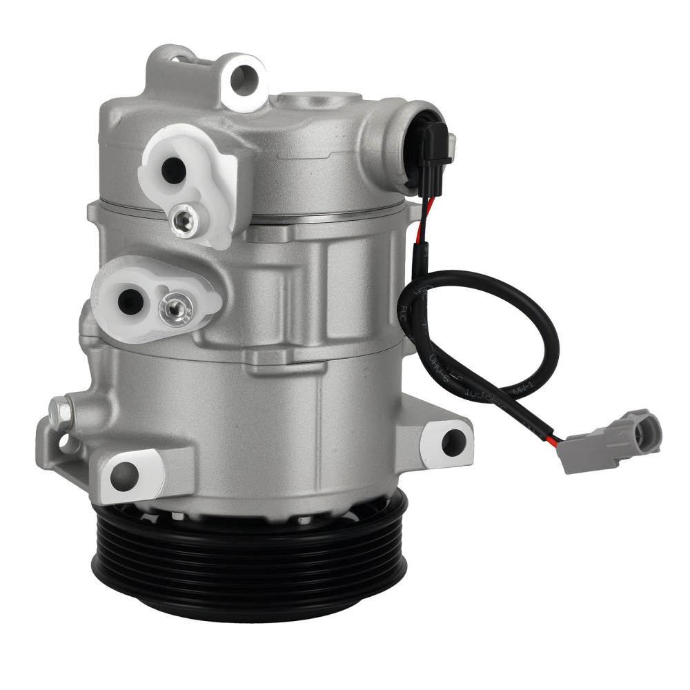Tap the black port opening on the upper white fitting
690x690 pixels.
click(x=172, y=170)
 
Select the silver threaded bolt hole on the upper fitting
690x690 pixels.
click(x=184, y=219)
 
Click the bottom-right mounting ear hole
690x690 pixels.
click(x=453, y=442)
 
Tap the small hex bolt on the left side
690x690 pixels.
click(x=60, y=411)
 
